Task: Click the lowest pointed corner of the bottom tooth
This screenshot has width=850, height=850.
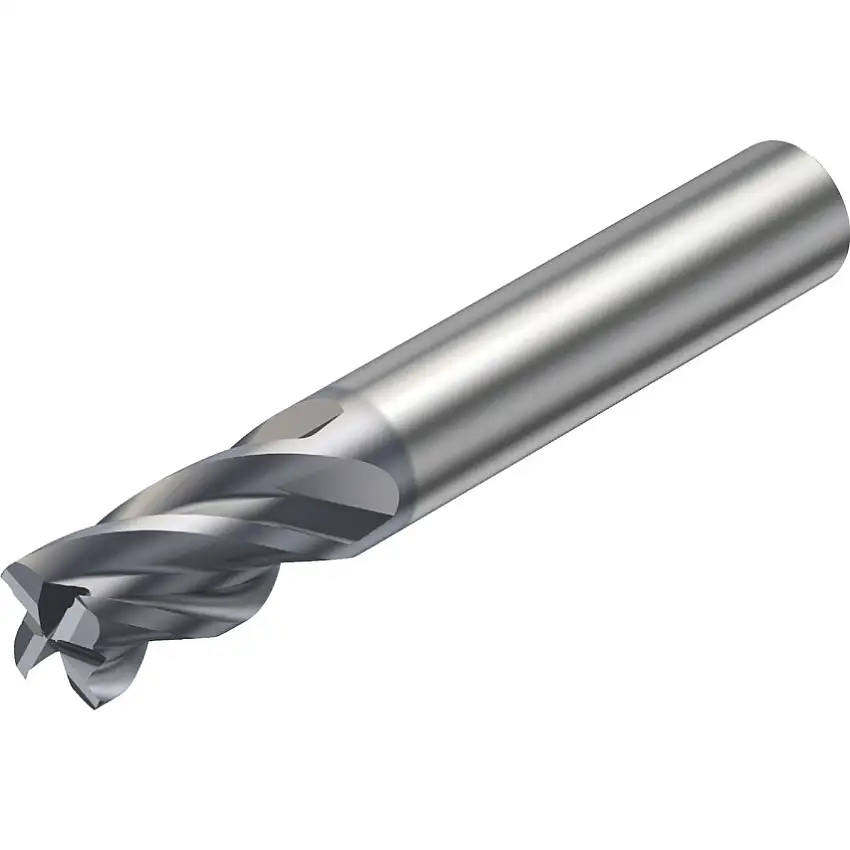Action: click(x=95, y=707)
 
